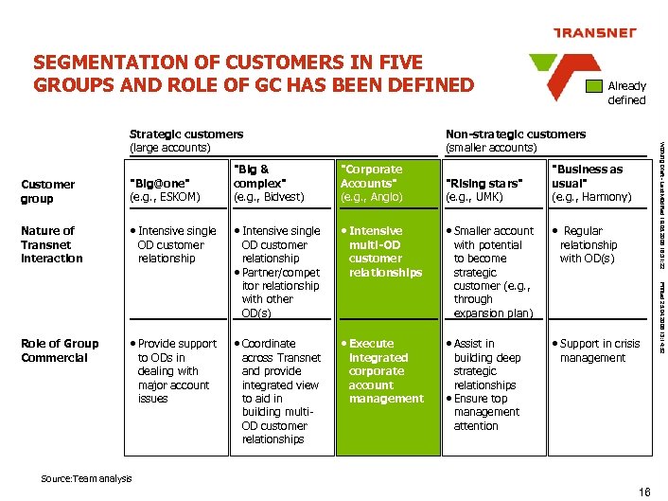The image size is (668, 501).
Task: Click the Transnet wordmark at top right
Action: point(595,34)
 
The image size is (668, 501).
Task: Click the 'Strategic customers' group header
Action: point(185,141)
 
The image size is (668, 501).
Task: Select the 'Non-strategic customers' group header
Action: point(515,141)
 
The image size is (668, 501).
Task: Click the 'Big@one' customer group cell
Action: point(165,189)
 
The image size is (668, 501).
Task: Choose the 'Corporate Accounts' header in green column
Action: point(372,183)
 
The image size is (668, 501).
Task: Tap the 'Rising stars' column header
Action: point(483,189)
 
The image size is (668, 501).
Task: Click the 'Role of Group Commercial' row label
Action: point(59,350)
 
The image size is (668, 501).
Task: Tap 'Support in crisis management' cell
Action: point(598,350)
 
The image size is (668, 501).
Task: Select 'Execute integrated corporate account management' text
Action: point(384,371)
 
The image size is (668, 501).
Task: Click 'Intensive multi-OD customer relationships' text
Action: point(384,251)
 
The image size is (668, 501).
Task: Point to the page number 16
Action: point(644,491)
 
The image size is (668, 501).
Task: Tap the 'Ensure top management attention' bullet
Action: point(484,412)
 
